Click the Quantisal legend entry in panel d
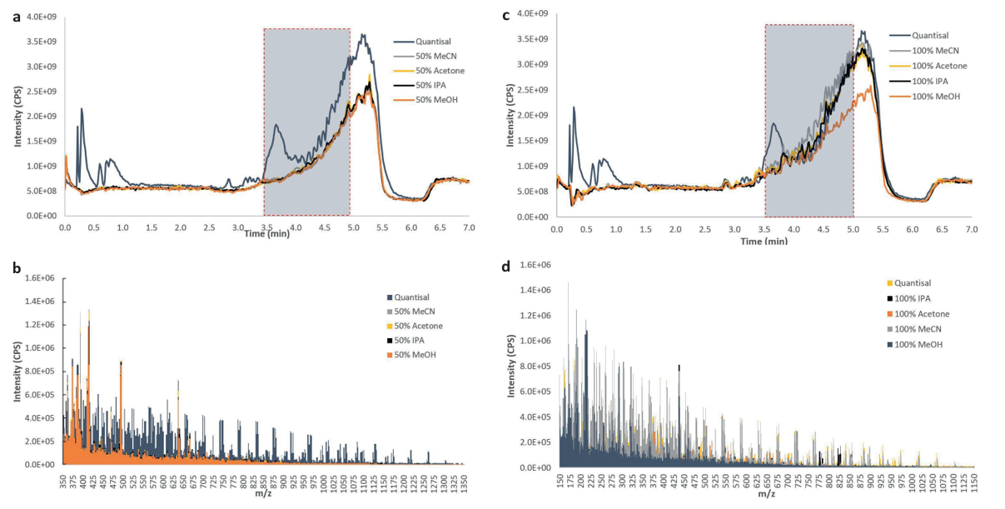[x=914, y=282]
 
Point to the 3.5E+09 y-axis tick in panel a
[x=39, y=42]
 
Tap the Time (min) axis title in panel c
[x=764, y=240]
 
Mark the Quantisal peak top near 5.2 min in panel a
[x=362, y=35]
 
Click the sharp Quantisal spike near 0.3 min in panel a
[x=82, y=109]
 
